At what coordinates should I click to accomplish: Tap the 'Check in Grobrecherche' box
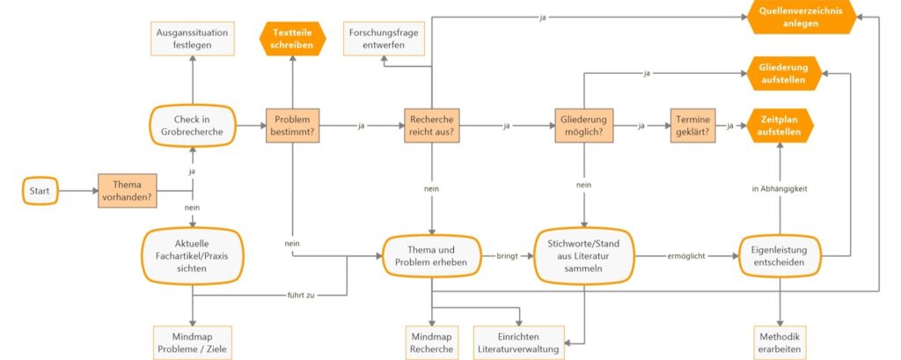pyautogui.click(x=192, y=126)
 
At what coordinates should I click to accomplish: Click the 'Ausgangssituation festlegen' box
pyautogui.click(x=192, y=39)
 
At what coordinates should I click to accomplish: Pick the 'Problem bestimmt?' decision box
pyautogui.click(x=292, y=126)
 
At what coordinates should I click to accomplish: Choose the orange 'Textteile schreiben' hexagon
pyautogui.click(x=292, y=39)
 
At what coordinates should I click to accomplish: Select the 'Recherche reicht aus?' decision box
pyautogui.click(x=432, y=126)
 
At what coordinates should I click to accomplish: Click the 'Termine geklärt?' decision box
pyautogui.click(x=692, y=126)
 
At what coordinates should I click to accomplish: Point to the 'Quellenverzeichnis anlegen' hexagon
pyautogui.click(x=801, y=17)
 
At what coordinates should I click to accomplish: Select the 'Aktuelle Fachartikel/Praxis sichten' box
pyautogui.click(x=192, y=255)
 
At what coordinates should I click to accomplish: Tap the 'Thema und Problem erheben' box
pyautogui.click(x=432, y=256)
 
